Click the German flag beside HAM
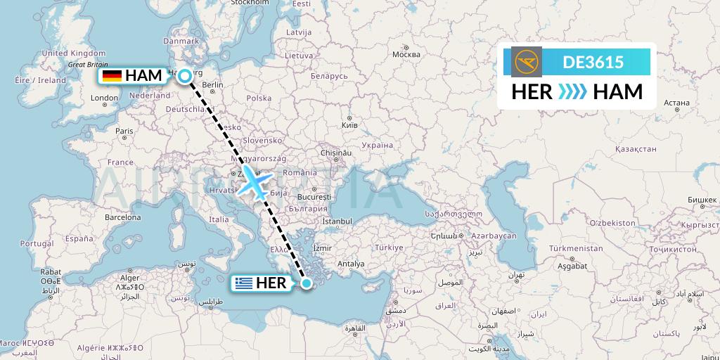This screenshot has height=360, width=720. tap(112, 76)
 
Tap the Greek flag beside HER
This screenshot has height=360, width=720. tap(245, 283)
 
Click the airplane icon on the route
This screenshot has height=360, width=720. tap(253, 181)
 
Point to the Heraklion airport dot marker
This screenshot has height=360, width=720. tap(307, 283)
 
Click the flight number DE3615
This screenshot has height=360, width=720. tap(593, 63)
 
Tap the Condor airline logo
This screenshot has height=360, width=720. tap(527, 63)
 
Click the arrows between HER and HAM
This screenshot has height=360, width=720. tap(572, 92)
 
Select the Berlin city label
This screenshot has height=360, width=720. tap(212, 85)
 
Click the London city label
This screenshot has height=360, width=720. tap(105, 98)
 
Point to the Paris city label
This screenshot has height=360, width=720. tap(124, 131)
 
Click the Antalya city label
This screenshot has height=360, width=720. tap(352, 264)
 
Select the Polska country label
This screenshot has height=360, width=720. tap(259, 98)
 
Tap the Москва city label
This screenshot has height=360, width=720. tap(406, 55)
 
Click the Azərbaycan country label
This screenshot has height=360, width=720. tap(494, 236)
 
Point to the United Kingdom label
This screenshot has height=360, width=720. tap(74, 53)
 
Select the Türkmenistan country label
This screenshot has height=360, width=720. tap(572, 249)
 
